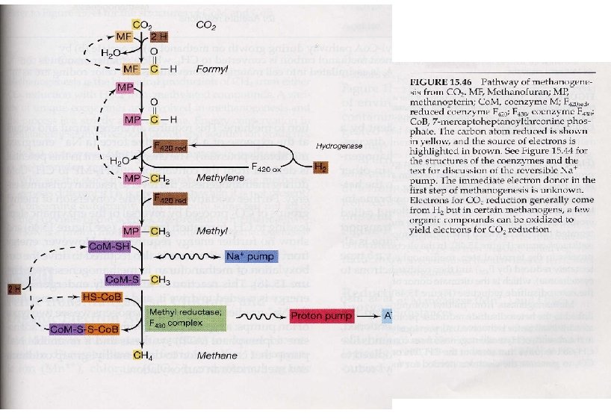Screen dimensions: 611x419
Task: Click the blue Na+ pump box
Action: [x=244, y=256]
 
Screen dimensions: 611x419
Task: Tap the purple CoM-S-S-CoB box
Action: [x=84, y=329]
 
